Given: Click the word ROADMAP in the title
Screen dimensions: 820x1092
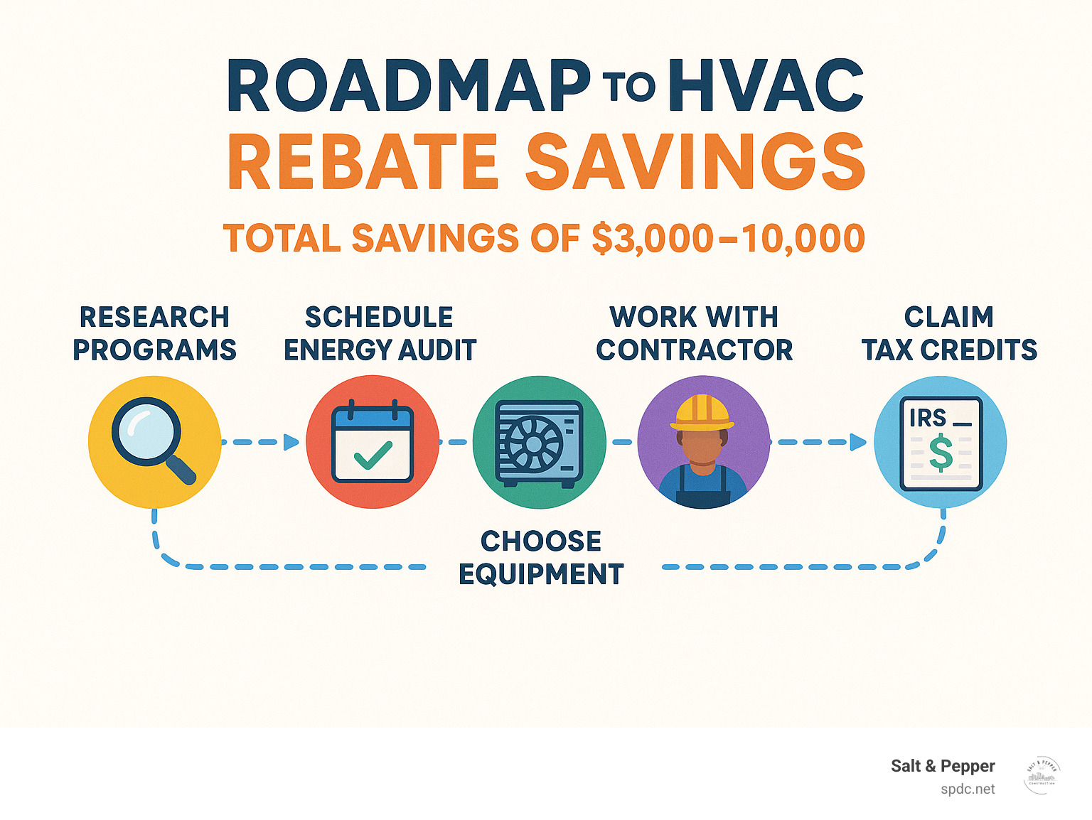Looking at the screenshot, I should click(x=408, y=87).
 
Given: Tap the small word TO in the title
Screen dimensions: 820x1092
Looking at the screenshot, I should click(x=629, y=88).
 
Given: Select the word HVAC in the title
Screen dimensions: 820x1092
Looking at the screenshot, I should click(x=766, y=87).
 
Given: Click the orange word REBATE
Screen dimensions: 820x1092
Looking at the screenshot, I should click(x=363, y=162).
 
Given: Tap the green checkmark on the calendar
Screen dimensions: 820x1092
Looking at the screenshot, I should click(x=373, y=455).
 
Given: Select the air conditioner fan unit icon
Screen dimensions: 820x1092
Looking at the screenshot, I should click(x=539, y=443).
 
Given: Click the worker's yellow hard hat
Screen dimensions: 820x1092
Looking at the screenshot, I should click(x=702, y=411).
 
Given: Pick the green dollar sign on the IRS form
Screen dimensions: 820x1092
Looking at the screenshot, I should click(x=941, y=453).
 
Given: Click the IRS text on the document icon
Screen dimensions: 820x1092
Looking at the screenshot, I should click(x=927, y=419).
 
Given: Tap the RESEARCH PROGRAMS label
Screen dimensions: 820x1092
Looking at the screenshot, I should click(x=154, y=333).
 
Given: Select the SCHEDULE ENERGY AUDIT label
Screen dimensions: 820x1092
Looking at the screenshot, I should click(x=380, y=333).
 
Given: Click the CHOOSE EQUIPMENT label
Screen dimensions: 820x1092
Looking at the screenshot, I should click(x=541, y=558).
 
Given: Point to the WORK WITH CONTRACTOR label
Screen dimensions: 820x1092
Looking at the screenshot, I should click(x=694, y=333).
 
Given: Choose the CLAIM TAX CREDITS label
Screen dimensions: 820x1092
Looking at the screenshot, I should click(x=949, y=333).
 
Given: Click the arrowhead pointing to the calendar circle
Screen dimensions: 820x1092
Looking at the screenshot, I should click(x=291, y=442).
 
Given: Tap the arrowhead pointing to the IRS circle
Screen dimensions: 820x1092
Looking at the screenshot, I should click(x=858, y=442).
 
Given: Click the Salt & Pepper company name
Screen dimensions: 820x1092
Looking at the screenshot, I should click(x=943, y=766).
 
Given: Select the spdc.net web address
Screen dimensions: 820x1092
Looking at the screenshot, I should click(x=968, y=789).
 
